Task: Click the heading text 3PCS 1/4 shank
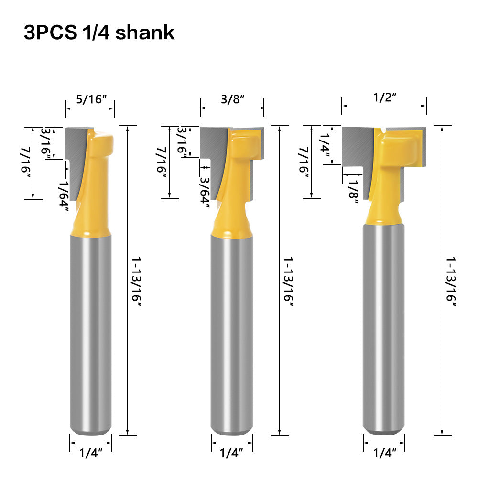(99, 33)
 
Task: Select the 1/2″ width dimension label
(384, 98)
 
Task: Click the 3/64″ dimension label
(204, 192)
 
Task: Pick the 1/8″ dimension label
(353, 191)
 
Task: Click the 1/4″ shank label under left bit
(91, 452)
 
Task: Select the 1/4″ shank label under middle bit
(232, 452)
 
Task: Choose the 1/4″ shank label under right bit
(384, 453)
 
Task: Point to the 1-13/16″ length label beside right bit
(451, 282)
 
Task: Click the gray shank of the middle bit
(232, 335)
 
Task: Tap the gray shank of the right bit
(384, 335)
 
